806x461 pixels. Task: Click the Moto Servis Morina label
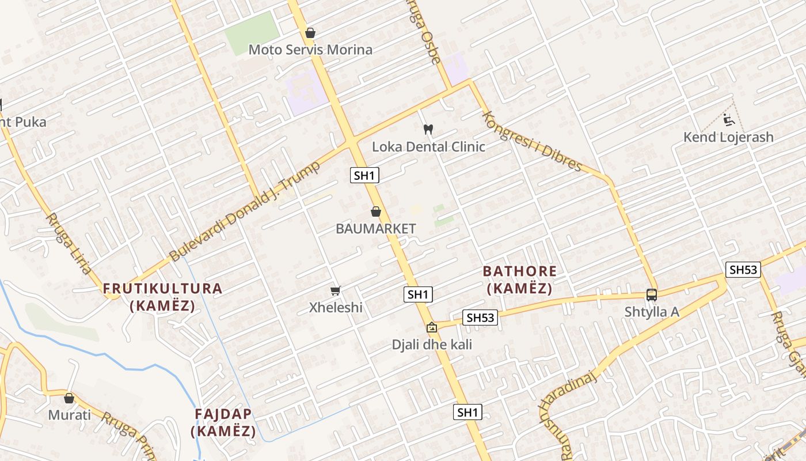(x=310, y=50)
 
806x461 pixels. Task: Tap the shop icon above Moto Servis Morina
(x=310, y=33)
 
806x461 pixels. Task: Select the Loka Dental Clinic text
(x=428, y=146)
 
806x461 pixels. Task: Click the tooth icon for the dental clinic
(x=428, y=129)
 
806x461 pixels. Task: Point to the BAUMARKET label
(x=375, y=229)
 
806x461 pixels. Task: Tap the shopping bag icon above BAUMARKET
(x=376, y=211)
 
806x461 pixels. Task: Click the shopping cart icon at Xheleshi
(x=335, y=290)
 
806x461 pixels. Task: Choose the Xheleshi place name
(x=336, y=307)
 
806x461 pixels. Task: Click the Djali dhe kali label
(x=432, y=345)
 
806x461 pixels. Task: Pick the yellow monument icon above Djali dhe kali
(x=431, y=327)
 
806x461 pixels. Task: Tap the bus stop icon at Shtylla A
(x=652, y=294)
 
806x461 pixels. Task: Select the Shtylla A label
(x=652, y=312)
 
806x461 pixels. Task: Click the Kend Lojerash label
(x=728, y=137)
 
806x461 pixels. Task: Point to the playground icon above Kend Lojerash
(x=728, y=120)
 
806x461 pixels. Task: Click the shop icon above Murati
(x=69, y=398)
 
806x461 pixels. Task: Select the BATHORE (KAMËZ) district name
(x=519, y=279)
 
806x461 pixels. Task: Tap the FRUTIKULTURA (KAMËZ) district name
(x=162, y=297)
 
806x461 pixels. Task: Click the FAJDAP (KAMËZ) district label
(x=223, y=422)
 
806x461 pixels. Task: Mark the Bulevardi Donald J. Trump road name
(x=244, y=211)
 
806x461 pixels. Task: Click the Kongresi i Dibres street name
(x=532, y=140)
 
